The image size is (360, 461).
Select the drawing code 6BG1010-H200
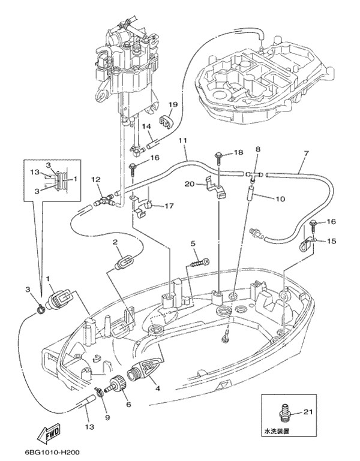52,453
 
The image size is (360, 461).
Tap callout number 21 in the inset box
308,411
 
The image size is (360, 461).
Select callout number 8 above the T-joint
258,148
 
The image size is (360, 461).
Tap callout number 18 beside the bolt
238,153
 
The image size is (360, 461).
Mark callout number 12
96,179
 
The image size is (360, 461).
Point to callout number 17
169,206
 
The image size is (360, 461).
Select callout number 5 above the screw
194,243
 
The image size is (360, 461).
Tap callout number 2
113,242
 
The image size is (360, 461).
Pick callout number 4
158,388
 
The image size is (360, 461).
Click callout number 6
128,404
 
